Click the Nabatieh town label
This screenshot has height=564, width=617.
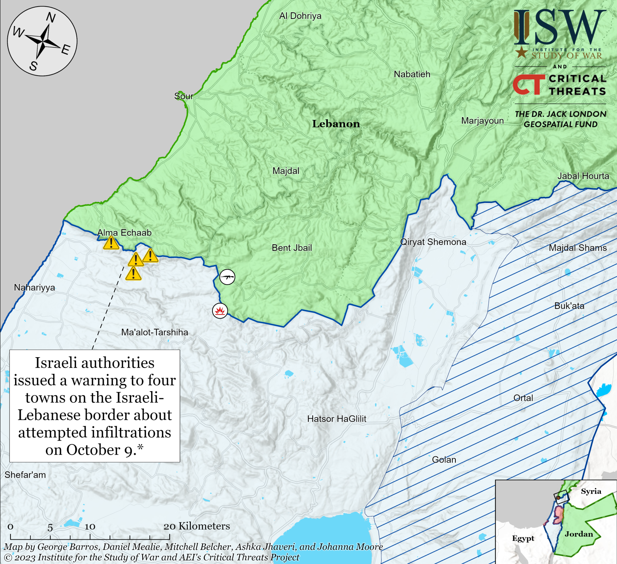click(412, 74)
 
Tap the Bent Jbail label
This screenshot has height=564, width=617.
click(292, 248)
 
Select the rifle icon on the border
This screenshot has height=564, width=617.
click(227, 277)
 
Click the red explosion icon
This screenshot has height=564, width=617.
click(220, 311)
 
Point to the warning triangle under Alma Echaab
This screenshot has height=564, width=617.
click(111, 243)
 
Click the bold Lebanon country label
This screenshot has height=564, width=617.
click(336, 124)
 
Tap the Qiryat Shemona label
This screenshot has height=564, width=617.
click(433, 242)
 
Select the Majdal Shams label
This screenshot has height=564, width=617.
click(577, 248)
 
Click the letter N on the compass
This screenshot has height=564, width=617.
click(51, 18)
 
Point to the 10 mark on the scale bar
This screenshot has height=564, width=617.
click(90, 527)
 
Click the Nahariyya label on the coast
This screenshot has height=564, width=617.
click(34, 287)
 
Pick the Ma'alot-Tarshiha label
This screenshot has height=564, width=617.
click(155, 332)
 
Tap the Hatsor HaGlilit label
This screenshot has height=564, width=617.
click(336, 419)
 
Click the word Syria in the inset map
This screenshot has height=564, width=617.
click(591, 491)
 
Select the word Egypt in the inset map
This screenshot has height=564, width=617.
click(523, 538)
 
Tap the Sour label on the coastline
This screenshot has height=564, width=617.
click(184, 96)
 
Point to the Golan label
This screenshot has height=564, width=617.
click(444, 459)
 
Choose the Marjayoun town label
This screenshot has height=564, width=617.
click(482, 121)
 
